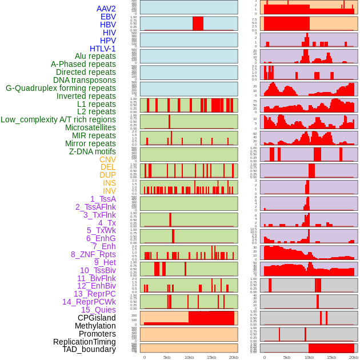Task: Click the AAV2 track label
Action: pyautogui.click(x=106, y=9)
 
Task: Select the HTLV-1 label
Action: pyautogui.click(x=103, y=49)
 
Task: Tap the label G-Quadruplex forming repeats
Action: pyautogui.click(x=61, y=88)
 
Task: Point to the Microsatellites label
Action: pyautogui.click(x=90, y=127)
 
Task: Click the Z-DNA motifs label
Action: pyautogui.click(x=93, y=151)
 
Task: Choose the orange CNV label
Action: pyautogui.click(x=107, y=159)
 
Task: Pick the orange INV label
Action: pyautogui.click(x=109, y=191)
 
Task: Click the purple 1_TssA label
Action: pyautogui.click(x=103, y=199)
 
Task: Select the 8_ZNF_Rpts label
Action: pyautogui.click(x=93, y=254)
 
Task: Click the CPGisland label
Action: pyautogui.click(x=97, y=318)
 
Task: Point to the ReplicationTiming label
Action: pyautogui.click(x=85, y=342)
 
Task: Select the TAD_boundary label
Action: pyautogui.click(x=89, y=349)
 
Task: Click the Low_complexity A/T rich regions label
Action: pyautogui.click(x=58, y=119)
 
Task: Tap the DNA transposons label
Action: pyautogui.click(x=85, y=80)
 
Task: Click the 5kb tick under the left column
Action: pyautogui.click(x=167, y=357)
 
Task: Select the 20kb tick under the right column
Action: pyautogui.click(x=354, y=357)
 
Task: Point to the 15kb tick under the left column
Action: pyautogui.click(x=211, y=357)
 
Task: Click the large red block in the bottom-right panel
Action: pyautogui.click(x=331, y=348)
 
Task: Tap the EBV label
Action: pyautogui.click(x=108, y=17)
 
